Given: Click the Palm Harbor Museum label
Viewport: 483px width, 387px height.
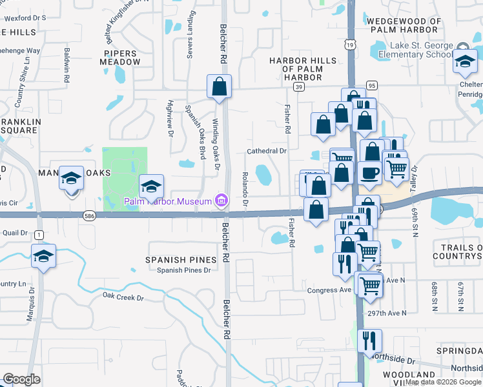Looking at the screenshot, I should [168, 201].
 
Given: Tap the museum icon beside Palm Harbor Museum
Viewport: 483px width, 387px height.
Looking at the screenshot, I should [221, 201].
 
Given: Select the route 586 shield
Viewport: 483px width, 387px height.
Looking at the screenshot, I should [89, 217].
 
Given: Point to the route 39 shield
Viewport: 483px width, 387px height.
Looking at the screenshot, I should [298, 86].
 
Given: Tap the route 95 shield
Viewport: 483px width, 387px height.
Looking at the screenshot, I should [371, 85].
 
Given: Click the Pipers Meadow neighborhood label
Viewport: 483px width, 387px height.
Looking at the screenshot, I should [120, 57].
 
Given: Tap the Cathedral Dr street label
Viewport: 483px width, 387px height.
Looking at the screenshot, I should [267, 151].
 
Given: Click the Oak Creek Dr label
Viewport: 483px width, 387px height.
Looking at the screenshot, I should [123, 297].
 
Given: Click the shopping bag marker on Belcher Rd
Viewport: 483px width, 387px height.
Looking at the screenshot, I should [219, 86].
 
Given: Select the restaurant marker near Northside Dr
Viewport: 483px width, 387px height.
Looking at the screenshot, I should [369, 341].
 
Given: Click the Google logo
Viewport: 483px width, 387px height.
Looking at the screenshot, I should [21, 379].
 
